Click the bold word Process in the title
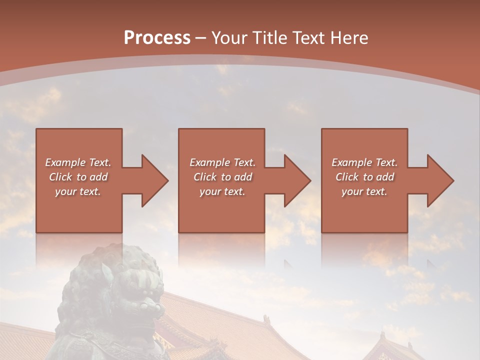[157, 37]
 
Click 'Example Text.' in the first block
[78, 162]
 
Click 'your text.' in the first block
[78, 191]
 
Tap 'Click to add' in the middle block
[222, 177]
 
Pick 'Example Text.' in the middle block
[222, 162]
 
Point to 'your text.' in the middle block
[222, 191]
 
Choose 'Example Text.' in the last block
[364, 162]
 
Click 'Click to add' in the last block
[364, 177]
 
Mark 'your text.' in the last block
[364, 191]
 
